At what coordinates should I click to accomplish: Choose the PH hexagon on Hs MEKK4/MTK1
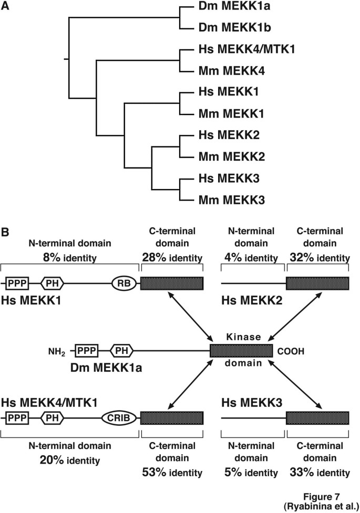tap(52, 417)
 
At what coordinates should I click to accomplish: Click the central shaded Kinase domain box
tap(241, 351)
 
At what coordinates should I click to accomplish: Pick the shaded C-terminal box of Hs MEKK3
tap(317, 417)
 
